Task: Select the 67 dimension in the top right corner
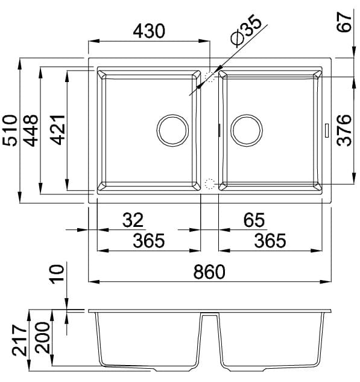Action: pos(345,28)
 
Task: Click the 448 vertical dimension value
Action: pos(31,130)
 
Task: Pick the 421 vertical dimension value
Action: pos(57,130)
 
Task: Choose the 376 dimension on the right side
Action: pos(344,130)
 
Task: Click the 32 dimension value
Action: pos(133,220)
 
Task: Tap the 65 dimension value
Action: pos(254,220)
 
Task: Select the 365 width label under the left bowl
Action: pos(148,241)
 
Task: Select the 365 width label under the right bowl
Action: pos(270,241)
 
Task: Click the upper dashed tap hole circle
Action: pos(210,77)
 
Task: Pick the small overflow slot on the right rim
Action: pos(327,130)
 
